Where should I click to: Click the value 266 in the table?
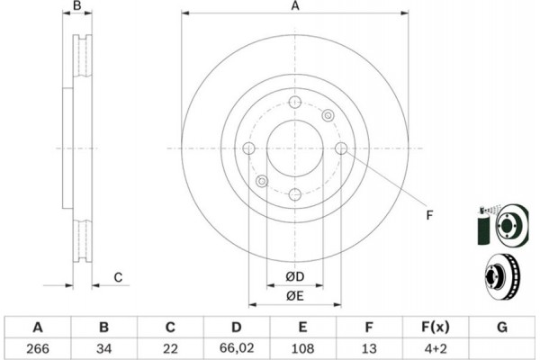[x=38, y=348]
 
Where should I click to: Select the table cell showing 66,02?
[x=237, y=348]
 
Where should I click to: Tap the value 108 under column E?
[x=302, y=348]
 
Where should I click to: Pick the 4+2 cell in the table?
[x=436, y=348]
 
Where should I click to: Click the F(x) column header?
[x=436, y=327]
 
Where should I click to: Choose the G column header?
[x=502, y=327]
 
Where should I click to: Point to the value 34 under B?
[x=103, y=348]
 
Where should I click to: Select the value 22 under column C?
[x=170, y=348]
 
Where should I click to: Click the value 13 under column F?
[x=369, y=348]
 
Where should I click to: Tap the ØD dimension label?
[x=295, y=276]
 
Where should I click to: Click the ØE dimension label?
[x=295, y=295]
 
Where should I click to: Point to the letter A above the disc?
[x=295, y=6]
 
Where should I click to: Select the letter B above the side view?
[x=77, y=5]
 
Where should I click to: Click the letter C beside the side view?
[x=118, y=277]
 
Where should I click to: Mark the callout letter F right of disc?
[x=429, y=215]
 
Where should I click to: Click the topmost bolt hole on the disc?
[x=295, y=103]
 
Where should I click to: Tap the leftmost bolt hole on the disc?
[x=248, y=148]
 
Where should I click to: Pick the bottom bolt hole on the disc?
[x=295, y=194]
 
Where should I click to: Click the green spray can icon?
[x=484, y=227]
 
